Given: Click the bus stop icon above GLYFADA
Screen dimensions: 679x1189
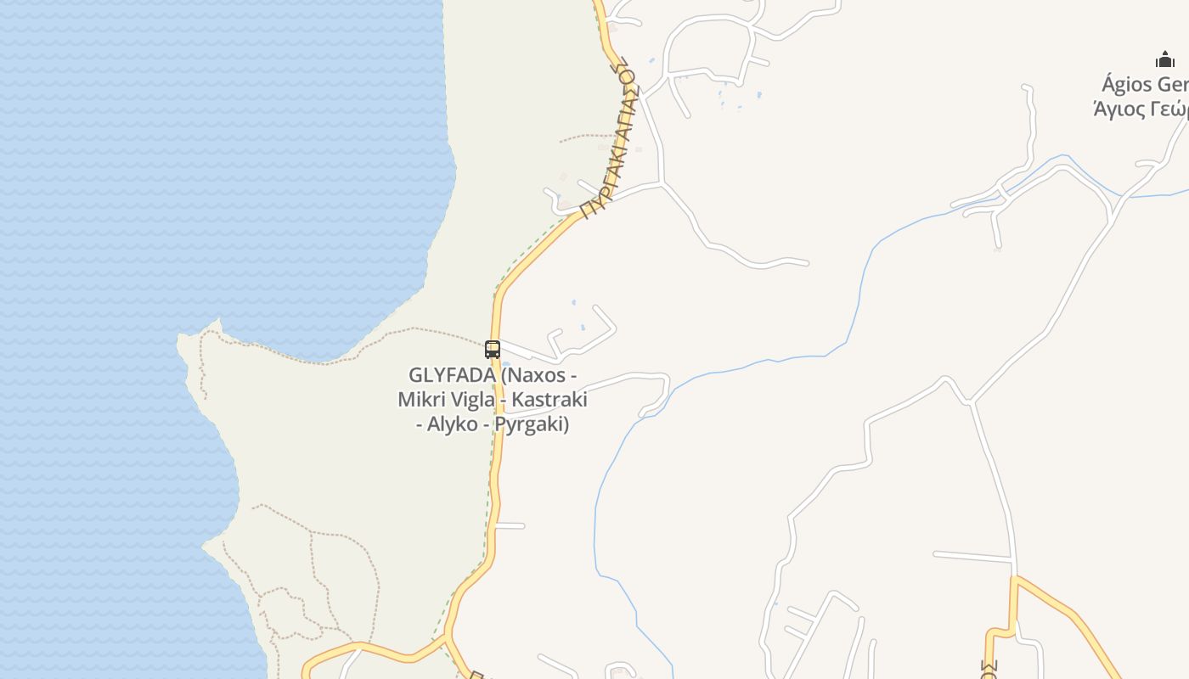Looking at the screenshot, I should [x=493, y=349].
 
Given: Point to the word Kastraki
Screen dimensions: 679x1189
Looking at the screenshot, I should [x=551, y=400].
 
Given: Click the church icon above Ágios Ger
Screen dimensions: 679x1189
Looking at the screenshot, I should [x=1164, y=59].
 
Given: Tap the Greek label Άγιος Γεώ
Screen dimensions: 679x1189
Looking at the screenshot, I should [x=1140, y=109].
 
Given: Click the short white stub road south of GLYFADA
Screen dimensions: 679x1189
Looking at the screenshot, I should [x=511, y=526].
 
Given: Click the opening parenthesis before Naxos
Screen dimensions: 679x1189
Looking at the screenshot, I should [x=504, y=375].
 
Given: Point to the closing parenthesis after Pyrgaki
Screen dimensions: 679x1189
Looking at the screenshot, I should [x=566, y=424].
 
